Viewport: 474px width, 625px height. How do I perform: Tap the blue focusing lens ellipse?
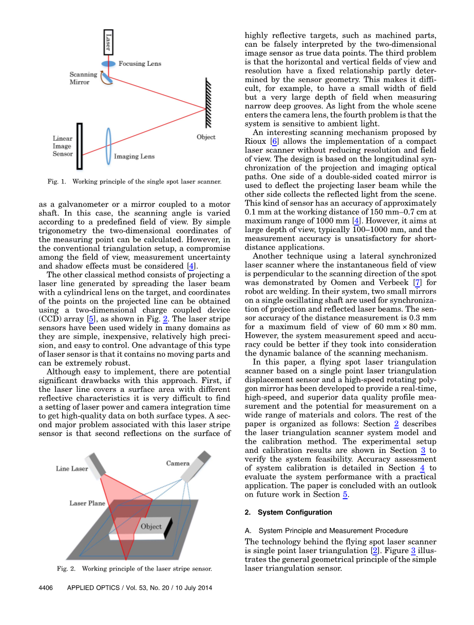coord(108,64)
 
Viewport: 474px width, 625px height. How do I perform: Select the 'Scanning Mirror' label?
coord(83,78)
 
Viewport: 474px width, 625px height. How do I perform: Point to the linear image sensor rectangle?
coord(80,146)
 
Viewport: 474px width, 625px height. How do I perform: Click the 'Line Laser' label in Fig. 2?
coord(71,468)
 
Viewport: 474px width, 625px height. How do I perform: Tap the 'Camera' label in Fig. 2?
coord(178,463)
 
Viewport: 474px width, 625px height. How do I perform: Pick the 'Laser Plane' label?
coord(87,503)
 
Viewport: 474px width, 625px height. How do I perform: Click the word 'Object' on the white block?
coord(151,526)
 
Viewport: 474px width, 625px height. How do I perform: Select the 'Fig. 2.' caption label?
coord(66,569)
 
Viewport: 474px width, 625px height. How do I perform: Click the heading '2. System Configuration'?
coord(288,513)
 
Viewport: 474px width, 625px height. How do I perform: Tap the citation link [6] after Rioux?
coord(275,141)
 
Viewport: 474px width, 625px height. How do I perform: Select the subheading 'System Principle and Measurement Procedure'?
coord(333,531)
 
